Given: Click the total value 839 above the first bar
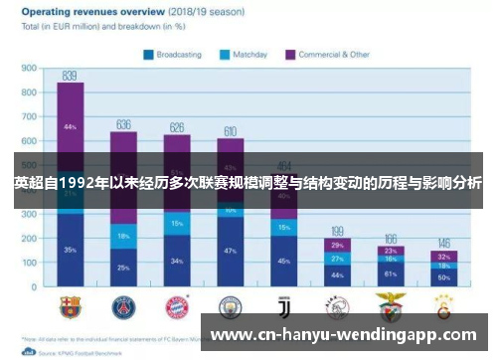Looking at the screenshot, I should click(x=70, y=76).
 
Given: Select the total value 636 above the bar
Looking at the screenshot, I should click(x=123, y=124).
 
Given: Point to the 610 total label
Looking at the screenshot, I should click(x=230, y=131).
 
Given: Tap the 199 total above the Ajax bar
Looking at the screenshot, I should click(x=337, y=231).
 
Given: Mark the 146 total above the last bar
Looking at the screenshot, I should click(x=443, y=244).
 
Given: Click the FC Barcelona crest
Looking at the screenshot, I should click(x=70, y=307).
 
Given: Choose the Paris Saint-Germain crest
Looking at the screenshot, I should click(x=123, y=307).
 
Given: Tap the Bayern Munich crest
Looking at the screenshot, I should click(x=177, y=307).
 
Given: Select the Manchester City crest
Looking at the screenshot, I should click(x=230, y=307).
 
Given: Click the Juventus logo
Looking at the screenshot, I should click(x=283, y=307).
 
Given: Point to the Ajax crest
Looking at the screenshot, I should click(x=337, y=307).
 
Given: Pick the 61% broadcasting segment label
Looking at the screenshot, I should click(x=391, y=273).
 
